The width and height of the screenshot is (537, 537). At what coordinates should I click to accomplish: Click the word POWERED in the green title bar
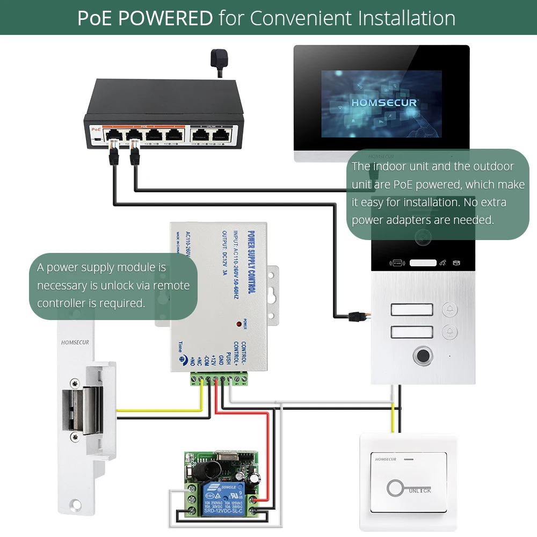coord(165,18)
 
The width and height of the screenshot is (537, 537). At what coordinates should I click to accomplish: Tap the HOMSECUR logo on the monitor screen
coord(384,102)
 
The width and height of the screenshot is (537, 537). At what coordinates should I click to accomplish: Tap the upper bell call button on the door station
coord(449,310)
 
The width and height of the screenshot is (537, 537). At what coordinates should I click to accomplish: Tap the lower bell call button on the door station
coord(449,332)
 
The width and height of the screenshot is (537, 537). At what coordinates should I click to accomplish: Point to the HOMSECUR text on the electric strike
coord(75,342)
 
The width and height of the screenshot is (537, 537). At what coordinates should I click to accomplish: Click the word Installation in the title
coord(407,18)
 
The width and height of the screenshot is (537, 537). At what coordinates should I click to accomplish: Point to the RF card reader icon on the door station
coord(397,263)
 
